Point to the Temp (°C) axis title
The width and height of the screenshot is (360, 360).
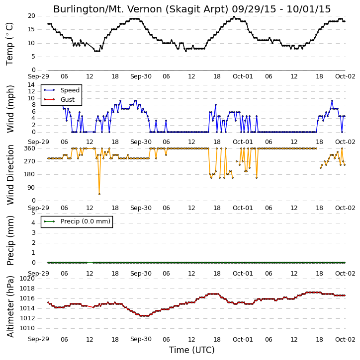(9, 44)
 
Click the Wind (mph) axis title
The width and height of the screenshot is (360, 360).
(10, 109)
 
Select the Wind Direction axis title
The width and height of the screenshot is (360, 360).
(10, 175)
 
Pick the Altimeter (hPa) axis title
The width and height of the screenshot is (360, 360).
(10, 306)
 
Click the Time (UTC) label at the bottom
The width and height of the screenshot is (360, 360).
(192, 350)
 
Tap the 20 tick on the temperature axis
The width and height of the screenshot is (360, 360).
(31, 16)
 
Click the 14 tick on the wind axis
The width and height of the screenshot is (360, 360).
(31, 85)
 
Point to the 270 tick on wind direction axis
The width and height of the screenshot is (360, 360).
(30, 161)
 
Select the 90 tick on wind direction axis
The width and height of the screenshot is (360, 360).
(31, 188)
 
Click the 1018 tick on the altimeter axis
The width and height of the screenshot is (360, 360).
(27, 288)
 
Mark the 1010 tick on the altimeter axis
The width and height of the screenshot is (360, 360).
(27, 328)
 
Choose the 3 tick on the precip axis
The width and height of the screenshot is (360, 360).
(33, 233)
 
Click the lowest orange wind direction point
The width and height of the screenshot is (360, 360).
(99, 194)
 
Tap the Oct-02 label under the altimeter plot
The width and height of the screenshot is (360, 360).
(345, 339)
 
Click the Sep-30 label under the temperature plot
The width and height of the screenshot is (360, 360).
(141, 76)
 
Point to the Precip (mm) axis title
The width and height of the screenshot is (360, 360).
(10, 240)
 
